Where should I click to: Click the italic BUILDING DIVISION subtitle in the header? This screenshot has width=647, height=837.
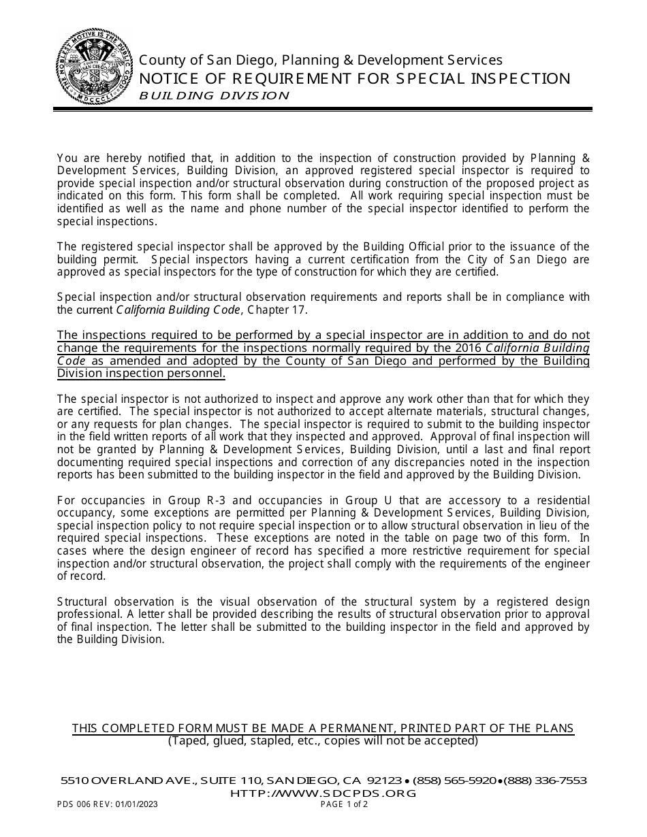point(214,96)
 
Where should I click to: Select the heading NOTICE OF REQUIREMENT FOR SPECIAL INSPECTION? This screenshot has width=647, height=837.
point(354,79)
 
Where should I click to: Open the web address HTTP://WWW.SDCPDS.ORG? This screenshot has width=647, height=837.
point(323,793)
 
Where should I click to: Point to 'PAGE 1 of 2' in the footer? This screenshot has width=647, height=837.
point(344,804)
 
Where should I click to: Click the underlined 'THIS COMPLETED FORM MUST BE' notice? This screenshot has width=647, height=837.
point(323,728)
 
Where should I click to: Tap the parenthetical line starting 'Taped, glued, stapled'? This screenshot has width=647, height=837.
point(323,740)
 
